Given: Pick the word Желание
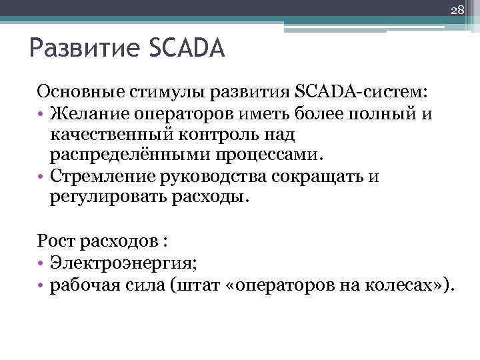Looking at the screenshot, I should (x=83, y=113).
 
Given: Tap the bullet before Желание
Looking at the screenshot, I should (x=41, y=114).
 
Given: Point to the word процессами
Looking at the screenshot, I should (x=257, y=156).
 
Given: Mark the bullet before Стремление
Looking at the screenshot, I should (x=41, y=178).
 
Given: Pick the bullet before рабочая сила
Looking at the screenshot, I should (x=41, y=285).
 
